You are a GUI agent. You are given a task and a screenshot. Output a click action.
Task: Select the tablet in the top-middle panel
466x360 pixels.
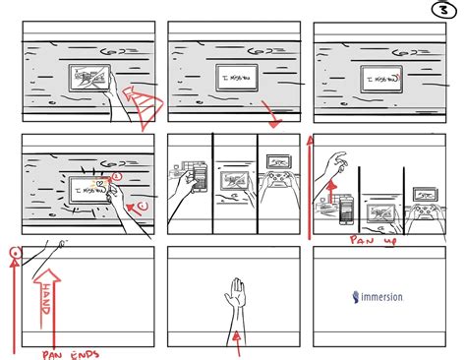(x=232, y=77)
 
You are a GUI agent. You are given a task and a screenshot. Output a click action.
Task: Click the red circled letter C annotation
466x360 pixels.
(x=139, y=206)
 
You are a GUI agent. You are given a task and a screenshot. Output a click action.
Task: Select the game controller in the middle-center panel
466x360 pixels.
(x=280, y=181)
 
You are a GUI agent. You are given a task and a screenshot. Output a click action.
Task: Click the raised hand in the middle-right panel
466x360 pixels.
(x=337, y=159)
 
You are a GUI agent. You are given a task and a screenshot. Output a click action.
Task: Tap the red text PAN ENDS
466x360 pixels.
(x=76, y=352)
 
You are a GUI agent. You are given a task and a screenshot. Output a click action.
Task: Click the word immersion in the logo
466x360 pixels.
(x=387, y=296)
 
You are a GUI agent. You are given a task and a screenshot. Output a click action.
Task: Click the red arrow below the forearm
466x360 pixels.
(x=238, y=340)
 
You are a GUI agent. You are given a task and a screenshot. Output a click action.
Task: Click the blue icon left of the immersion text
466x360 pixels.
(x=354, y=295)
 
